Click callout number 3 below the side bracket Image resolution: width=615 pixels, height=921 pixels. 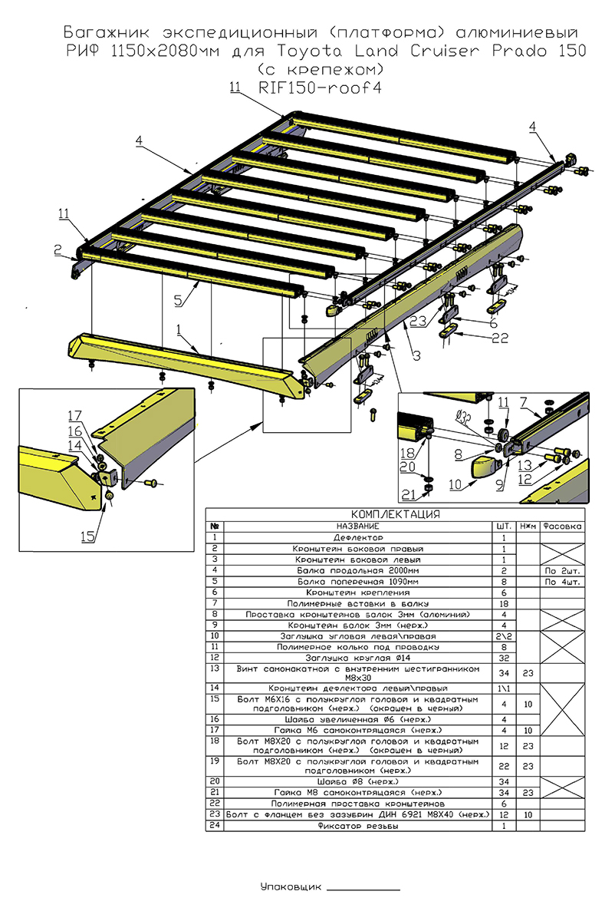coord(416,355)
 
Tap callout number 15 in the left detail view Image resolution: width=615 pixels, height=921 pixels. coord(89,537)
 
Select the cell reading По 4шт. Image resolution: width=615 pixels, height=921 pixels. coord(561,582)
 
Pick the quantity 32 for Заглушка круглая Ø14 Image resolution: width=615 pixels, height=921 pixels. coord(503,657)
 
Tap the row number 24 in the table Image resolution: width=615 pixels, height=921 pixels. coord(215,826)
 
